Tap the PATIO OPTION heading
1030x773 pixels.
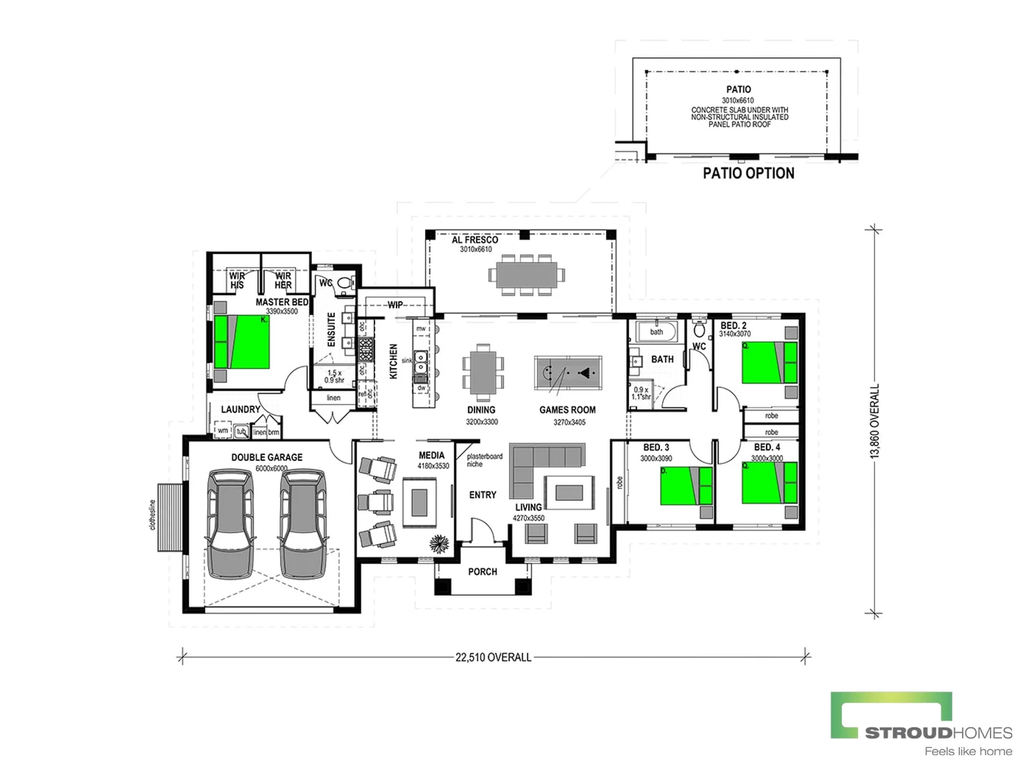coord(748,173)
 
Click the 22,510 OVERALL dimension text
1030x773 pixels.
coord(493,657)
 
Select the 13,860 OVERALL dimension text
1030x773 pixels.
coord(874,421)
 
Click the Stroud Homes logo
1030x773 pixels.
coord(920,723)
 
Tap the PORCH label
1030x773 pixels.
coord(482,571)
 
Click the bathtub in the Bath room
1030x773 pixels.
coord(656,331)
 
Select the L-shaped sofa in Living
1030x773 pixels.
coord(537,465)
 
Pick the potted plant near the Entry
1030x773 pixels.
coord(439,543)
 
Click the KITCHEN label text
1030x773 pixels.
coord(393,361)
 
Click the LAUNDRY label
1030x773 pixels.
coord(241,409)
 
